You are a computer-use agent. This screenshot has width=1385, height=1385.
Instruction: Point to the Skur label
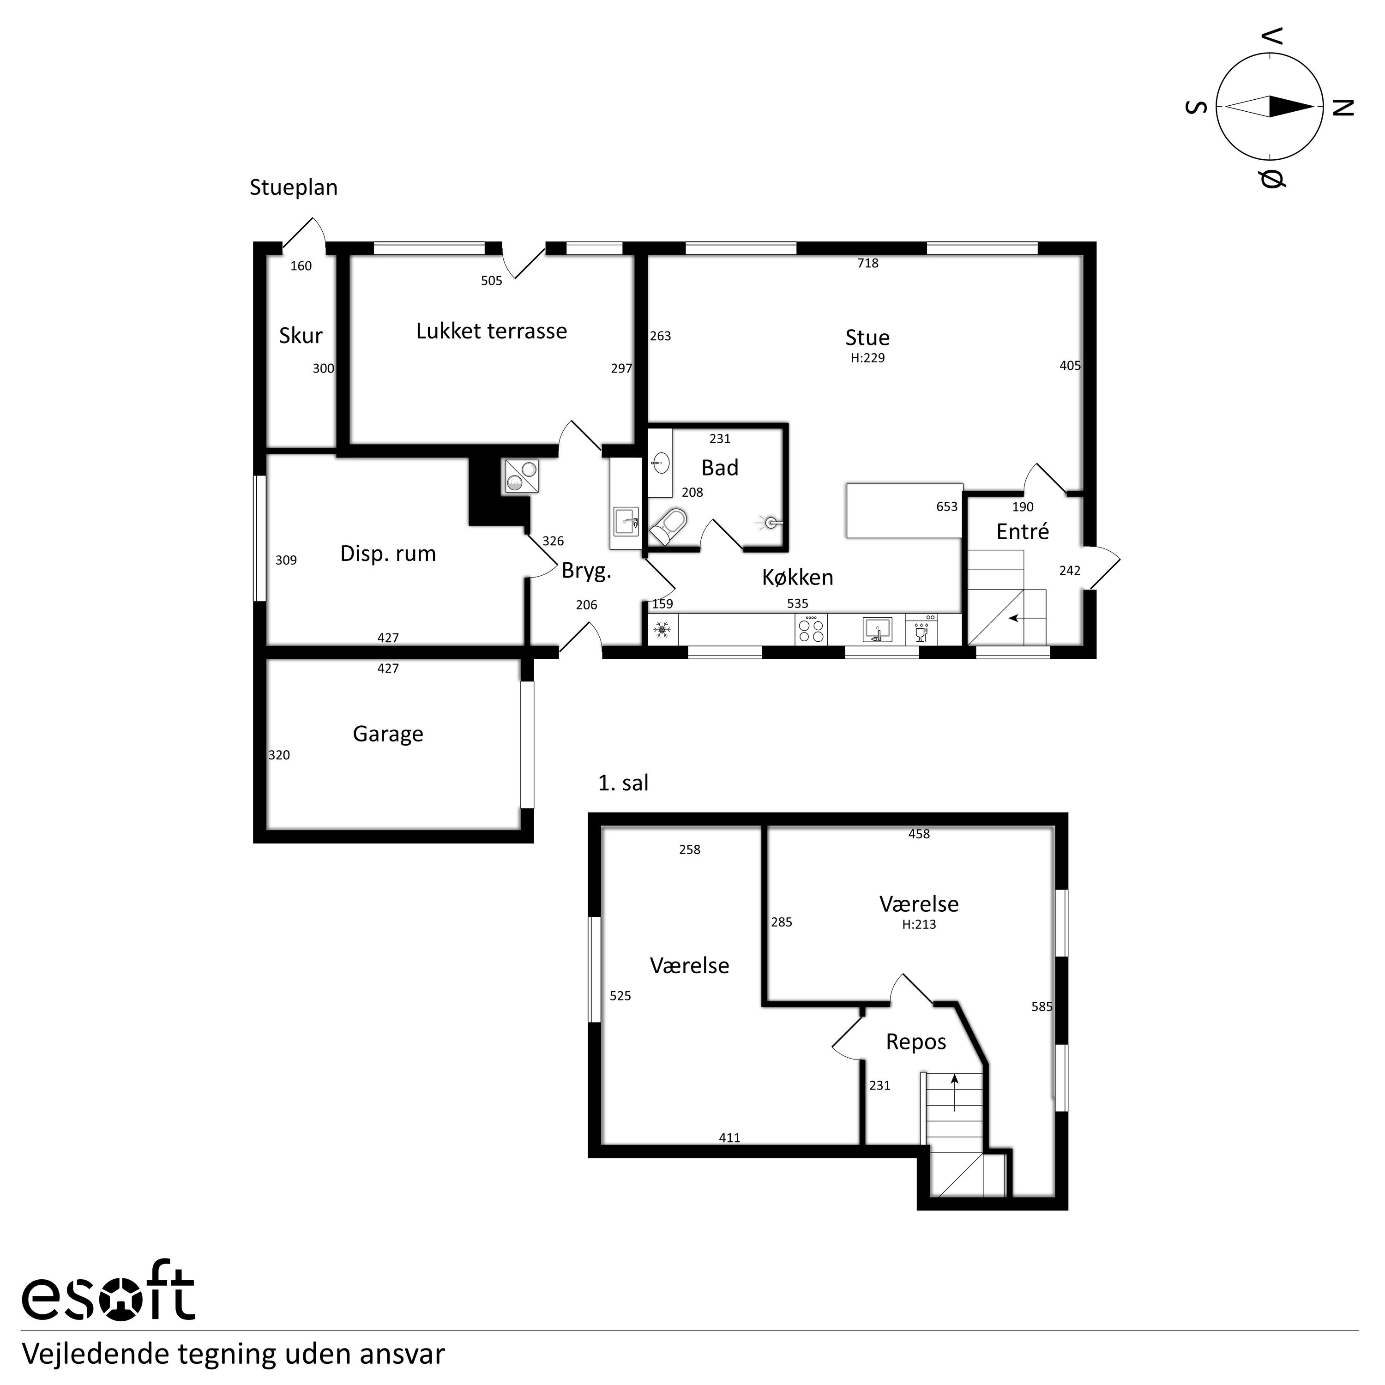tap(301, 336)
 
